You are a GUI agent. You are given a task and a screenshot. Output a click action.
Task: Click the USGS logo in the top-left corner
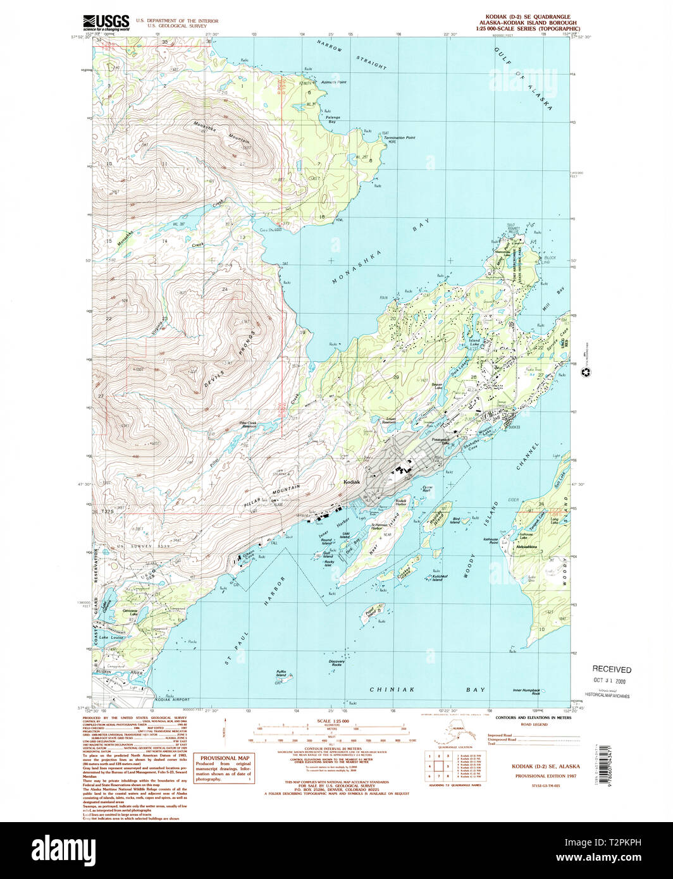tap(106, 23)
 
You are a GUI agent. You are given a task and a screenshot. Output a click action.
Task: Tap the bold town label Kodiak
tap(351, 482)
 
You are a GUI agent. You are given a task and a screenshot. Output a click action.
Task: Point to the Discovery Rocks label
tap(336, 663)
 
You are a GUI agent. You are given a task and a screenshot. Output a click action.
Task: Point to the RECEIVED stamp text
tap(611, 669)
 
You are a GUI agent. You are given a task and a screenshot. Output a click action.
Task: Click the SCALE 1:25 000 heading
tap(331, 721)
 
